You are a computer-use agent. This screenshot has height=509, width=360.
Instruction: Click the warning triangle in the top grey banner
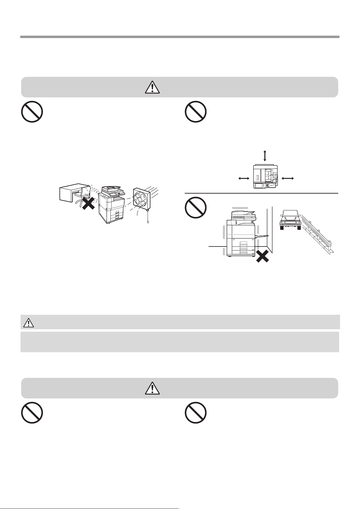[x=153, y=87]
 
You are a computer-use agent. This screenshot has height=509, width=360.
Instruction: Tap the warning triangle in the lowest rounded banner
[x=153, y=388]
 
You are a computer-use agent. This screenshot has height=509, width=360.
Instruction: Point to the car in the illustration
[x=290, y=220]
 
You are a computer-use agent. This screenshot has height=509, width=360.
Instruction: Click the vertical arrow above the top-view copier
[x=265, y=156]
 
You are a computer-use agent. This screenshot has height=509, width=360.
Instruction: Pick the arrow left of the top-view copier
[x=243, y=179]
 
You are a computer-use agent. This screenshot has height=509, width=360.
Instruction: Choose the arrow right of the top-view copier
[x=287, y=179]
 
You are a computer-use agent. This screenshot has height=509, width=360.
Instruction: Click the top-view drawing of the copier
[x=265, y=177]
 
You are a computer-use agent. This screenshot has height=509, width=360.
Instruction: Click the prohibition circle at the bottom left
[x=32, y=412]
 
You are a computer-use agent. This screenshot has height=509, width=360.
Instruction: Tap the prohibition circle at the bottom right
[x=196, y=412]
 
